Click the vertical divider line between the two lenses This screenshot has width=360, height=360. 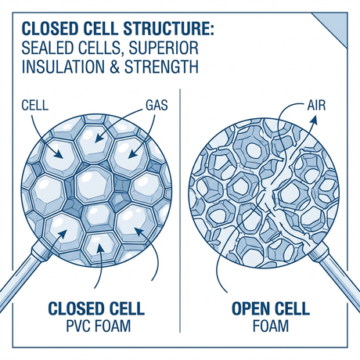tap(181, 196)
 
